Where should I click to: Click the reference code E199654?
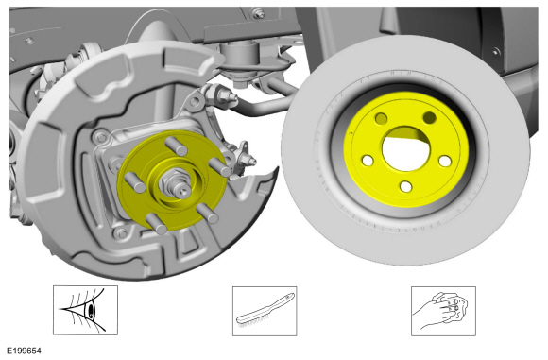tap(25, 351)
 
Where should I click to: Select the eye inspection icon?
tap(85, 310)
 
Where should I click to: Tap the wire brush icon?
tap(265, 311)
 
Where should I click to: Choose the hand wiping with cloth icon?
tap(443, 311)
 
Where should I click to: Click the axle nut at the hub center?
tap(172, 181)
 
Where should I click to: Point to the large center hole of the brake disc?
tap(405, 149)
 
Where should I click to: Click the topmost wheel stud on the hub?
tap(177, 146)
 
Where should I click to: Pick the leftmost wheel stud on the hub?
tap(135, 181)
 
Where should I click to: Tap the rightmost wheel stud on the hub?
tap(219, 167)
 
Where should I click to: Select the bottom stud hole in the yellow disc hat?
tap(405, 186)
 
